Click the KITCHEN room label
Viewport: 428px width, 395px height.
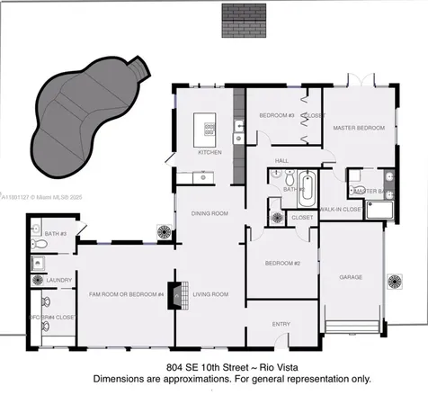point(210,152)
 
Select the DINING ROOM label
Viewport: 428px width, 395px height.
point(209,213)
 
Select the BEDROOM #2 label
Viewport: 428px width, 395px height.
point(282,262)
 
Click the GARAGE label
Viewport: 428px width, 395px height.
point(351,278)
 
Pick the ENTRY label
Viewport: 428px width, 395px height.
point(281,325)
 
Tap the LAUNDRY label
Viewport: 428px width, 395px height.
point(46,280)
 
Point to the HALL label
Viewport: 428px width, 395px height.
point(281,160)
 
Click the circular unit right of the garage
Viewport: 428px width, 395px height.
point(396,282)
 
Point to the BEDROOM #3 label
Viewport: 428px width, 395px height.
point(278,116)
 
